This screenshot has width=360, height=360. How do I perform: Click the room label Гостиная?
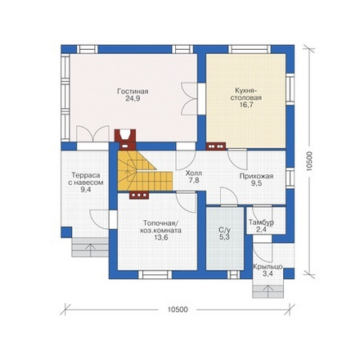click(133, 92)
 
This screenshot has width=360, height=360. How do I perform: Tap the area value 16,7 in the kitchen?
click(245, 105)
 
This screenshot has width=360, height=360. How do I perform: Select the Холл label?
click(194, 173)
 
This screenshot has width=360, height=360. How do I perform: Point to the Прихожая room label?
click(256, 176)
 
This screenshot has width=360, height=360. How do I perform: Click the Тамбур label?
click(261, 223)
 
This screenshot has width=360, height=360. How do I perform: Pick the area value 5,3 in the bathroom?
click(225, 237)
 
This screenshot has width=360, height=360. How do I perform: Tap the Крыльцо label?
click(268, 267)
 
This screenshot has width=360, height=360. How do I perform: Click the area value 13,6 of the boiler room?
click(160, 237)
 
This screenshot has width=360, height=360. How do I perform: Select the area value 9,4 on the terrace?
click(86, 190)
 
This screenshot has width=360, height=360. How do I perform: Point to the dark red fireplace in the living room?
click(125, 138)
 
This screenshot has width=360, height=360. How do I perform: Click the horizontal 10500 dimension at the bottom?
click(178, 310)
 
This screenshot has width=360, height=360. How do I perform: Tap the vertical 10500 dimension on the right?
click(309, 161)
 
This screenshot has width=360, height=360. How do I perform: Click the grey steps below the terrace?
click(90, 247)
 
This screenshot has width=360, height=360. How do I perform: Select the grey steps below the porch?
click(268, 291)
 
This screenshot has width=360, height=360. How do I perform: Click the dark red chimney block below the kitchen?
click(216, 146)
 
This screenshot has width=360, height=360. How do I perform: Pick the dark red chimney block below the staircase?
click(139, 195)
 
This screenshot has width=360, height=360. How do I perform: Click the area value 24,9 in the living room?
click(133, 98)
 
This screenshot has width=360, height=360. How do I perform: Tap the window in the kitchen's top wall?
click(250, 49)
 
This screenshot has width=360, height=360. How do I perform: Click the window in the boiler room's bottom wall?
click(155, 275)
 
